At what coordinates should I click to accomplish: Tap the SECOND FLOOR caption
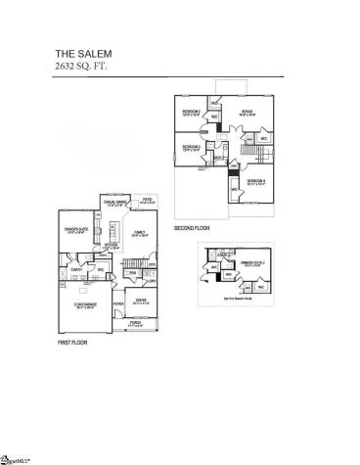click(x=192, y=228)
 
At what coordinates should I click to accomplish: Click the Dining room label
click(x=140, y=302)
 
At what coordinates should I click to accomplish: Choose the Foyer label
click(x=119, y=304)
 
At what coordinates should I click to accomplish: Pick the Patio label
click(x=149, y=201)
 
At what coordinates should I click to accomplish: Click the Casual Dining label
click(x=115, y=205)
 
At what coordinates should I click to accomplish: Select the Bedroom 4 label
click(x=256, y=183)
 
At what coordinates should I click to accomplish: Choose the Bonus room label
click(x=247, y=113)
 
